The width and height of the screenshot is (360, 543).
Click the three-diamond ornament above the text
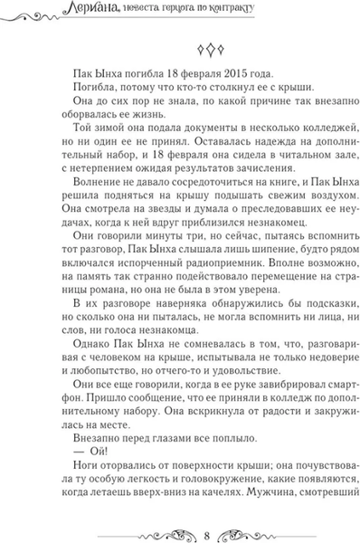click(x=181, y=49)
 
